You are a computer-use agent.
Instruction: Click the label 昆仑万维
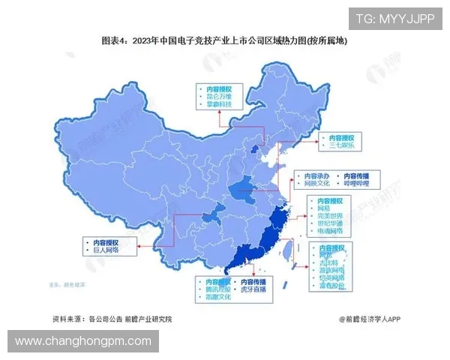coord(220,97)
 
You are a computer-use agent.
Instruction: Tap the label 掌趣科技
coord(220,106)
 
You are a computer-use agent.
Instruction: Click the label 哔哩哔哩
coord(358,182)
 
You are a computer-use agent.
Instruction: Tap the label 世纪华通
coord(330,223)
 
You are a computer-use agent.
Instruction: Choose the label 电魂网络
coord(330,232)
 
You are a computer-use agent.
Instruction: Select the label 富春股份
coord(330,284)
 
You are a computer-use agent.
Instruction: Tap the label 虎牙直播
coord(250,289)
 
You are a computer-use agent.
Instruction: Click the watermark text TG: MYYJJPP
coord(394,19)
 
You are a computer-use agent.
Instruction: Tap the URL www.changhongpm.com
coord(83,342)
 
